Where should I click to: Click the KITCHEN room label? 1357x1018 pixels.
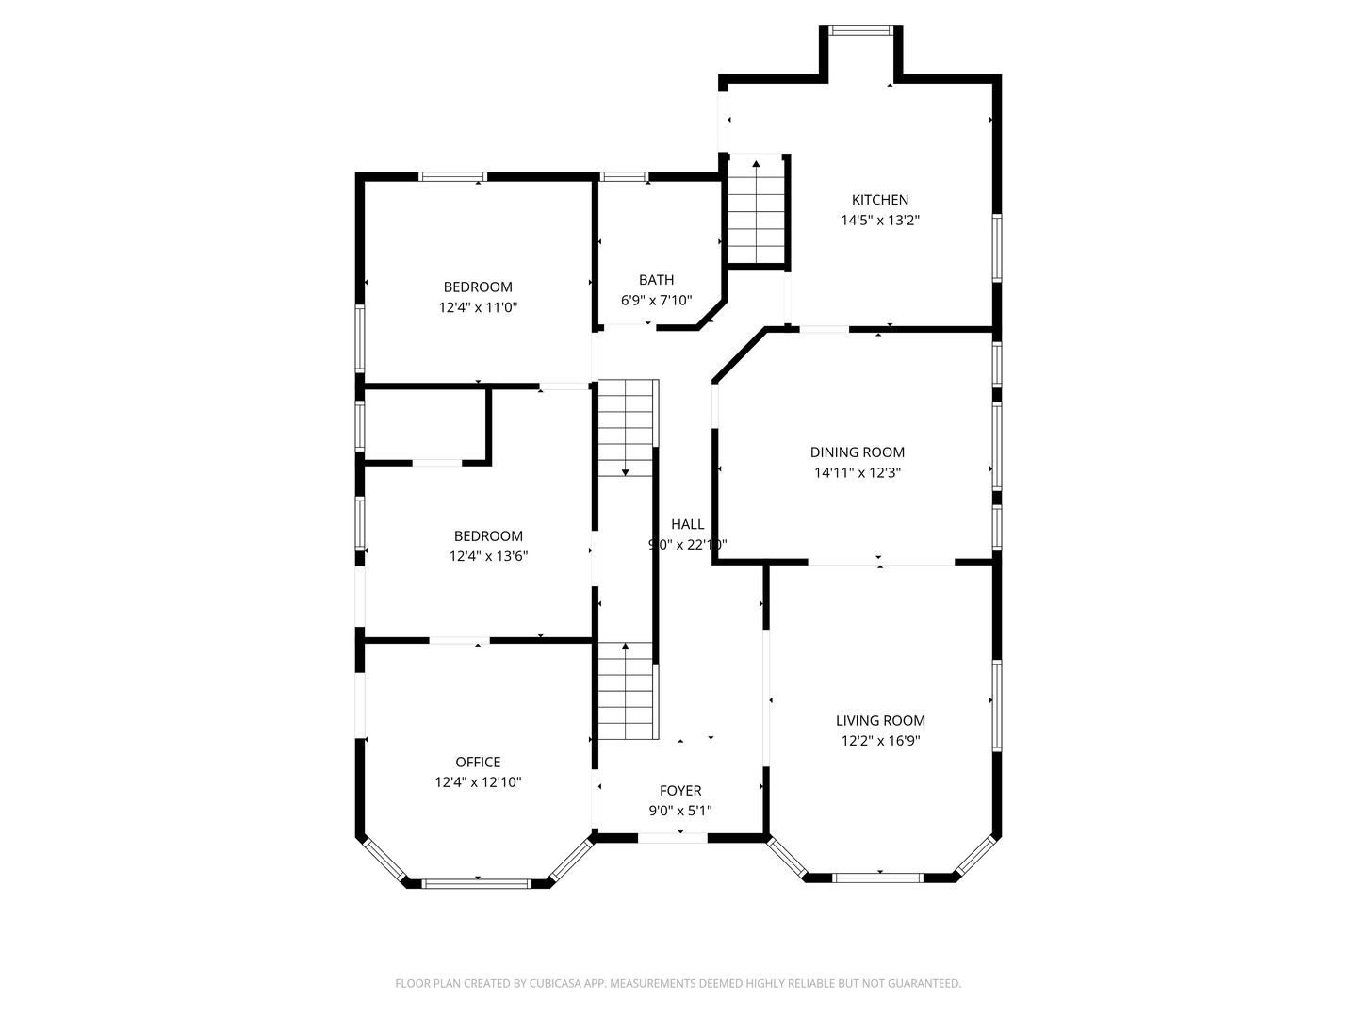(880, 200)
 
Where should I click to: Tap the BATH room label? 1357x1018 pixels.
(656, 280)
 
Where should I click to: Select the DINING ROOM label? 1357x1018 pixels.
(858, 452)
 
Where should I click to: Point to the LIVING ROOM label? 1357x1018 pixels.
(880, 721)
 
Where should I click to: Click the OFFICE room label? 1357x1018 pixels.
(478, 763)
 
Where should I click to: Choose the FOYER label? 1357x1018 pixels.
(679, 791)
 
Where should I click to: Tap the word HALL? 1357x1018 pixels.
(687, 525)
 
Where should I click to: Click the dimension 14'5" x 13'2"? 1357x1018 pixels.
(880, 221)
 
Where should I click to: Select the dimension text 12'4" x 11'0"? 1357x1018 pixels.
(478, 307)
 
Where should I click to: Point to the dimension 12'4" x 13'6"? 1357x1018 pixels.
(488, 557)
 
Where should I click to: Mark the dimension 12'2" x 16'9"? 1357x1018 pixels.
(880, 741)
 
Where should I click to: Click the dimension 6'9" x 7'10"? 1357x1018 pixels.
(656, 301)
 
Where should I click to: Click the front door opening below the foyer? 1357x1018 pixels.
(673, 837)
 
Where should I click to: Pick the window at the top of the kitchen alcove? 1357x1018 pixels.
(860, 30)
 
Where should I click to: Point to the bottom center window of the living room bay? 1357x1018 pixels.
(877, 878)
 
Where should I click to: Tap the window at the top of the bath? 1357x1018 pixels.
(624, 176)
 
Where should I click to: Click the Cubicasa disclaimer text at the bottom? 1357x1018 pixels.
(678, 983)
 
